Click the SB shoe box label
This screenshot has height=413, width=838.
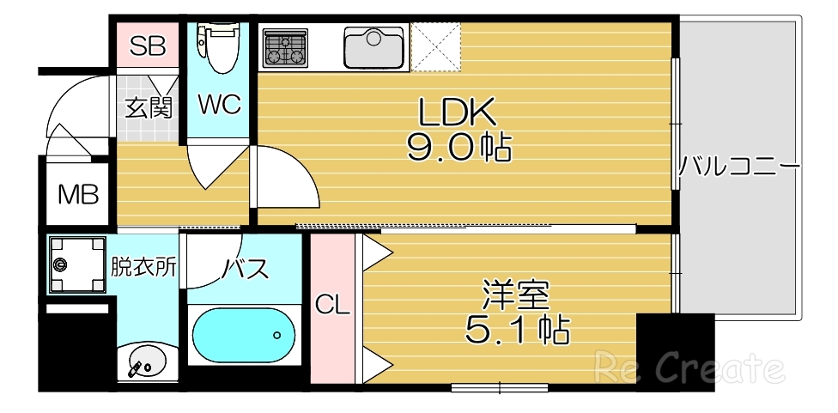(x=147, y=46)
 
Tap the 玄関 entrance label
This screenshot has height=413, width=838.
(x=148, y=107)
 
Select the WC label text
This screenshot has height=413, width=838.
(x=219, y=105)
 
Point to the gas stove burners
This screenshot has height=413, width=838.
(x=285, y=46)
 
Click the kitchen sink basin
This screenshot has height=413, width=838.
(x=373, y=46)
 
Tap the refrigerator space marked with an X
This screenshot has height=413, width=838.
(x=436, y=46)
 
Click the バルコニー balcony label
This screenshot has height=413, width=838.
(x=739, y=166)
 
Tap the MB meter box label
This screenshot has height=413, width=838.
(x=78, y=194)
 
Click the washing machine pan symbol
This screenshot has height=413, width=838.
(x=76, y=264)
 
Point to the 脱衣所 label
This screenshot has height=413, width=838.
(x=143, y=266)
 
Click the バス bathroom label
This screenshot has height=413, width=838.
(x=246, y=269)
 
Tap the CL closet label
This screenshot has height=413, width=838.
(x=332, y=304)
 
